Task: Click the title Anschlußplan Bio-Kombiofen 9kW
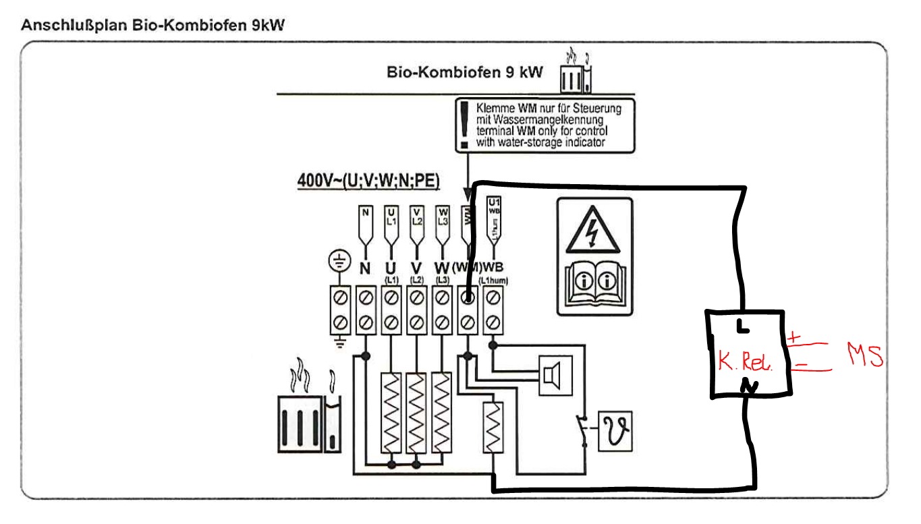point(153,26)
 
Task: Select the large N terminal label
point(365,268)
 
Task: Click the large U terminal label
point(390,268)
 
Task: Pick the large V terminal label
point(416,268)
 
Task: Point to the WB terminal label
point(493,268)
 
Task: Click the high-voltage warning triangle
point(592,230)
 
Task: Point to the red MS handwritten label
point(865,355)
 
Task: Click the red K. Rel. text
point(745,363)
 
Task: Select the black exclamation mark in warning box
point(463,124)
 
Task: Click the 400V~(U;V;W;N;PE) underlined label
point(368,181)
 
